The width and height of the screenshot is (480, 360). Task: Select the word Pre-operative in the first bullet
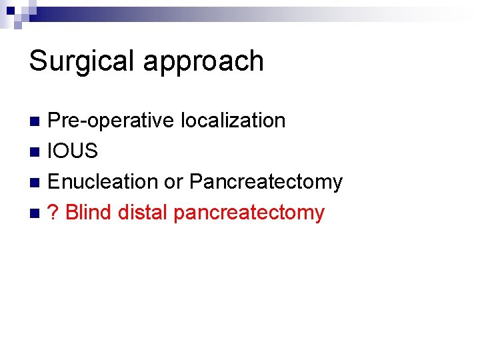tap(110, 121)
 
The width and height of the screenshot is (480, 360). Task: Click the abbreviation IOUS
tap(73, 151)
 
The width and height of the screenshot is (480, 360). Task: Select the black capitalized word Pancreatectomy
tap(266, 182)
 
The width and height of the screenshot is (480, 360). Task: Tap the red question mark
tap(54, 213)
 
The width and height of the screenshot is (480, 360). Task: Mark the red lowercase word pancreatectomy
tap(249, 213)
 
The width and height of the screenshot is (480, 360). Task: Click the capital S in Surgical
tap(37, 61)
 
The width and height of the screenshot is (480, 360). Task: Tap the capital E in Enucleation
tap(54, 181)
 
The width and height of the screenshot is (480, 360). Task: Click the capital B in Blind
tap(71, 213)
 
